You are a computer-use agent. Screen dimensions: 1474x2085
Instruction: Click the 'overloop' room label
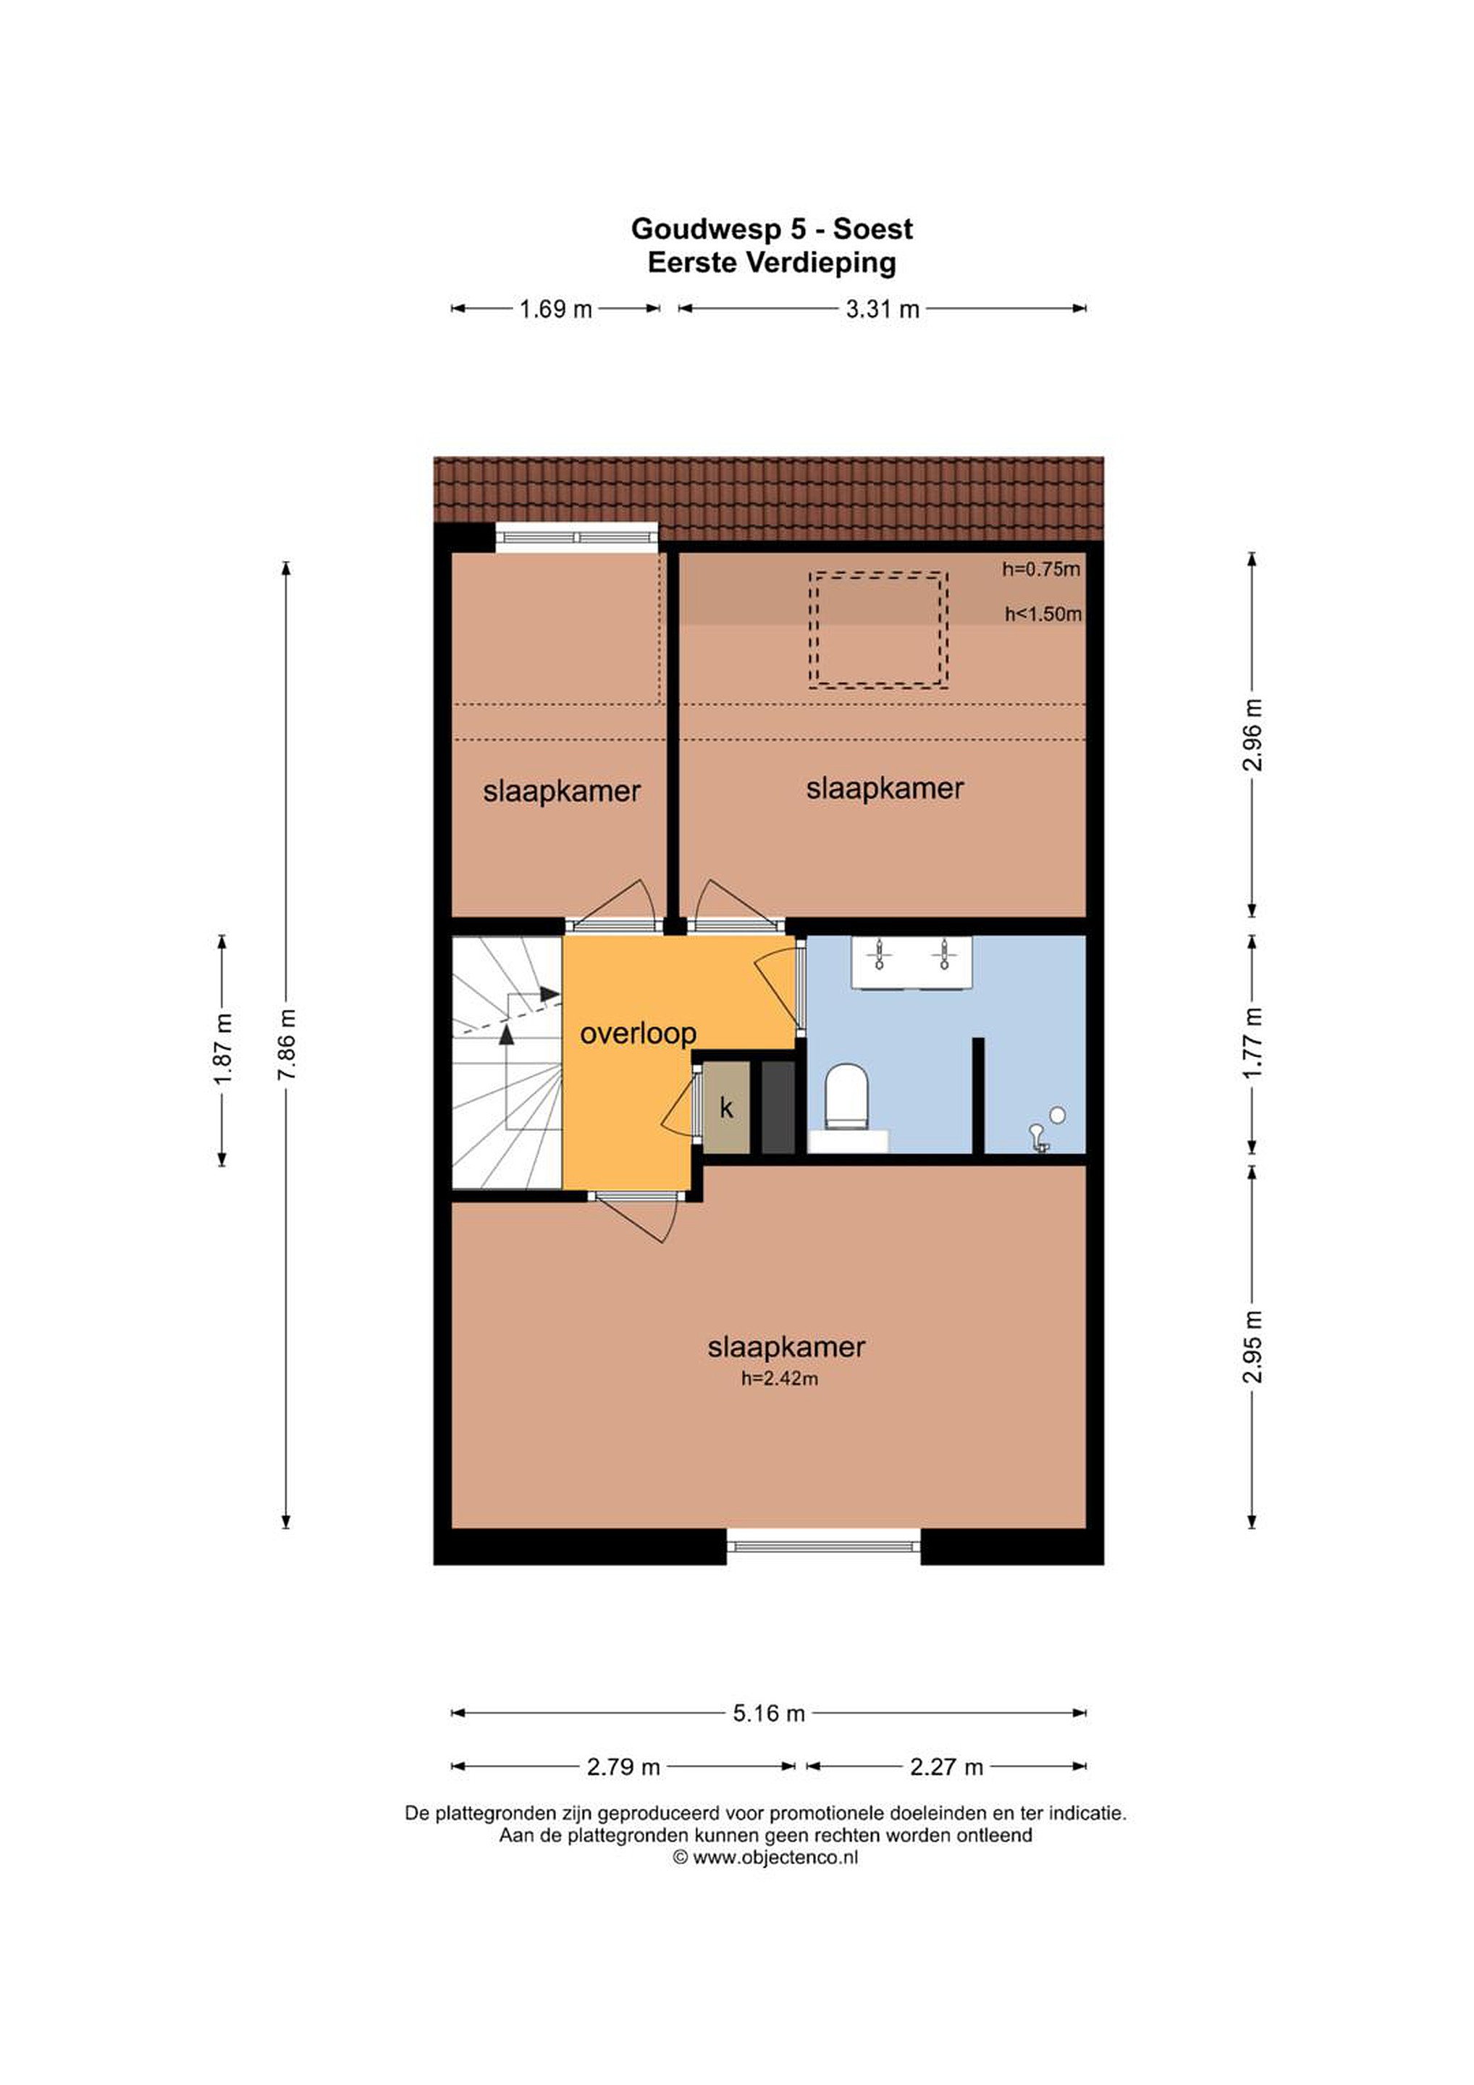(x=638, y=1033)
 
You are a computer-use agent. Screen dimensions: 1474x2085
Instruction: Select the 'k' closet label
(x=725, y=1107)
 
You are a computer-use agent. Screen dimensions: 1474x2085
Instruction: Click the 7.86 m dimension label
(x=286, y=1045)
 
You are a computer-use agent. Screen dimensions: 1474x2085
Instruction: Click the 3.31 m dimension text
(x=883, y=310)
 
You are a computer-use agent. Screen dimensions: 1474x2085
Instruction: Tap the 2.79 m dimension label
(x=623, y=1767)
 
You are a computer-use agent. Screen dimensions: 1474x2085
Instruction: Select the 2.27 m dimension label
(x=946, y=1767)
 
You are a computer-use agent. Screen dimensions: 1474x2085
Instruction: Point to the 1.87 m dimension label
(x=222, y=1049)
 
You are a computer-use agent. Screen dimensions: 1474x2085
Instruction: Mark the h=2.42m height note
(x=779, y=1378)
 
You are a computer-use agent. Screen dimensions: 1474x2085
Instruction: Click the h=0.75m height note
(x=1041, y=569)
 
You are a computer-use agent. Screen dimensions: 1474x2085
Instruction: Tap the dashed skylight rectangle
(x=878, y=573)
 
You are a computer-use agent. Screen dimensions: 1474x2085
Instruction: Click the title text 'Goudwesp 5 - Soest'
(x=772, y=229)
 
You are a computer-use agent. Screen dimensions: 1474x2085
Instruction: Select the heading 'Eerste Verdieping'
(x=772, y=263)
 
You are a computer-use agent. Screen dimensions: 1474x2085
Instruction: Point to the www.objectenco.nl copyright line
(x=766, y=1857)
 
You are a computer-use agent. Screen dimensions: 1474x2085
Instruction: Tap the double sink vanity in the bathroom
(x=911, y=961)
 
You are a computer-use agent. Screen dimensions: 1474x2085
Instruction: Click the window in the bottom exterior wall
(x=824, y=1543)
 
